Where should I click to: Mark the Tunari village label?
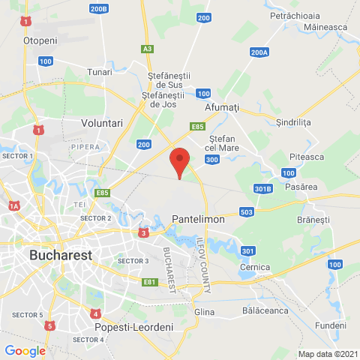[99, 71]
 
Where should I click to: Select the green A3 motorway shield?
[148, 49]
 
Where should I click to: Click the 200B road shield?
[98, 8]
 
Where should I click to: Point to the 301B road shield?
[262, 188]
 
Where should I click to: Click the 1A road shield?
[13, 205]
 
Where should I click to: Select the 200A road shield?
[259, 52]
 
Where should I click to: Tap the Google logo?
[25, 350]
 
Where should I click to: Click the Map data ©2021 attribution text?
[328, 354]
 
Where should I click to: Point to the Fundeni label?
[331, 326]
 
